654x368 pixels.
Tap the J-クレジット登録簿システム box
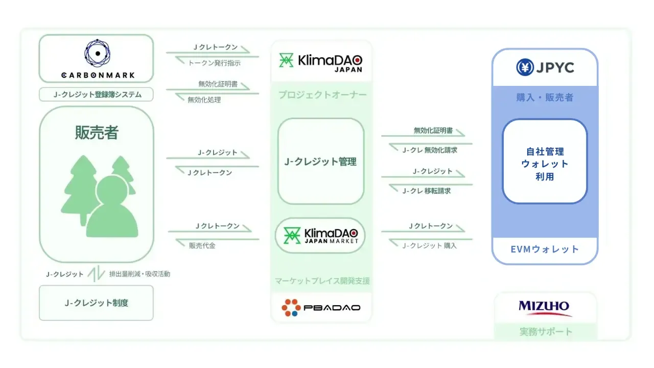coord(97,95)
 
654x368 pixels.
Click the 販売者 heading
coord(97,133)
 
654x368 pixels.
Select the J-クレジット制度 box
coord(97,303)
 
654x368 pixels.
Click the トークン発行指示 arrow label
coord(214,63)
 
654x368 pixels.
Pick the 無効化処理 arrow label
coord(204,100)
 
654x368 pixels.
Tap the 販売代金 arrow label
coord(202,245)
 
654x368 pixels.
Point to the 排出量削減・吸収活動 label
coord(139,274)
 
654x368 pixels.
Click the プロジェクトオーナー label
coord(322,95)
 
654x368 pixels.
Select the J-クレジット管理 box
coord(321,162)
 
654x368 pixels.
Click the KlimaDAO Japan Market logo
coord(321,236)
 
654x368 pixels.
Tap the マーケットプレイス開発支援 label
coord(322,281)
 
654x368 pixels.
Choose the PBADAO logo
coord(321,307)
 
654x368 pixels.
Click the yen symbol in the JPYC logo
coord(525,67)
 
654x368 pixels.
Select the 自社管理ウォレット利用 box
coord(545,164)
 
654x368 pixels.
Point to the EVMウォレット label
coord(545,249)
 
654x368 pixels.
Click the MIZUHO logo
coord(544,307)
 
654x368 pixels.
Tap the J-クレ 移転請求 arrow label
coord(426,191)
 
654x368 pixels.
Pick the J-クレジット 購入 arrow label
coord(429,245)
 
